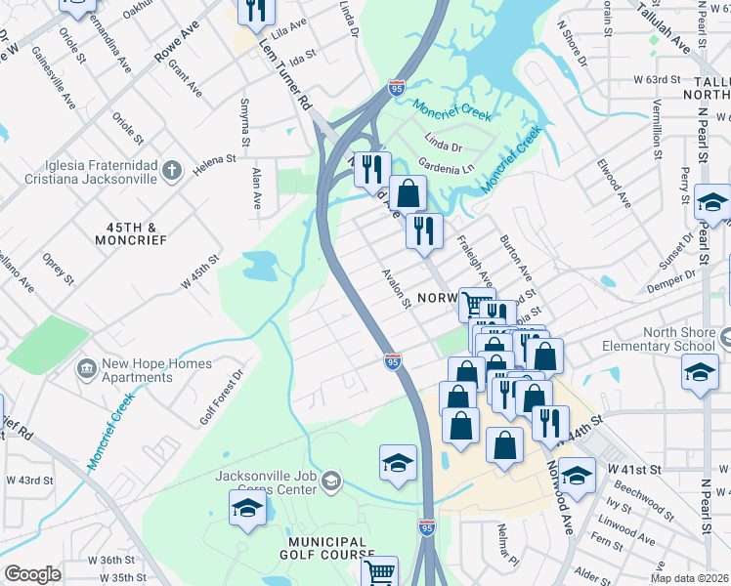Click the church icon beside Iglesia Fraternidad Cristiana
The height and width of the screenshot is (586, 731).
[171, 172]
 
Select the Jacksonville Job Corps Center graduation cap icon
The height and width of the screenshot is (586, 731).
[331, 481]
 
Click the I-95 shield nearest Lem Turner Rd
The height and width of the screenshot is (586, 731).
[396, 87]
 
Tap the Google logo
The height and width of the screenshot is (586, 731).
[31, 574]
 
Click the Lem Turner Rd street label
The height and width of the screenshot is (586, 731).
[284, 74]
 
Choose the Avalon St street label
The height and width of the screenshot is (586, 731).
[396, 287]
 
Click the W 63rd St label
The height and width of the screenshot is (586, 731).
[656, 78]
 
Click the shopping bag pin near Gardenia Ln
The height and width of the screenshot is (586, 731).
[408, 193]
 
